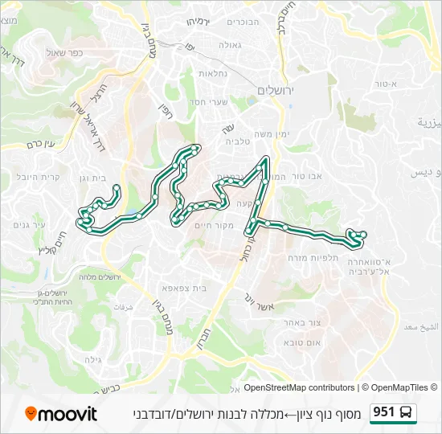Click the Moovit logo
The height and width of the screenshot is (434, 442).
click(x=61, y=414)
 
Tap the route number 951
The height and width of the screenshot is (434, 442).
click(x=383, y=412)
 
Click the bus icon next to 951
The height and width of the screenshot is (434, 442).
click(x=407, y=413)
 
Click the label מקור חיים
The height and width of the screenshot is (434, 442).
click(x=215, y=226)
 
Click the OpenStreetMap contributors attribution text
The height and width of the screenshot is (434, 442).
click(x=297, y=387)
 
